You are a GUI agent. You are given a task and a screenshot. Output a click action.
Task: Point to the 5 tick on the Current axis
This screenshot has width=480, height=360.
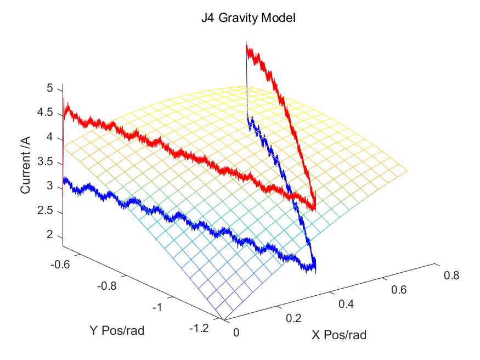click(x=49, y=88)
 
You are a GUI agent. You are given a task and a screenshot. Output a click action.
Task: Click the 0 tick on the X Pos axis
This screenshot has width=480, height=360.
click(x=236, y=332)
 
